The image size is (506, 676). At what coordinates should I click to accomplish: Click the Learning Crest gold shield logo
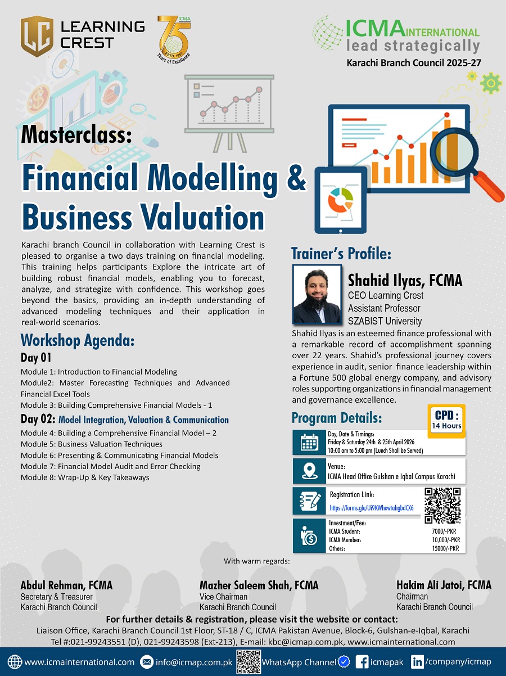coord(37,36)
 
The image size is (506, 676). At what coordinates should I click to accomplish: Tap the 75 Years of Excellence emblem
coord(174,39)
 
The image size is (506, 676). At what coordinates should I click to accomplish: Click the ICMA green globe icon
coord(327,33)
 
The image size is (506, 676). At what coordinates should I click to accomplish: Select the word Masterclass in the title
coord(76,135)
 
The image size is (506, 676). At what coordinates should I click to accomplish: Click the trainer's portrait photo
coord(317,295)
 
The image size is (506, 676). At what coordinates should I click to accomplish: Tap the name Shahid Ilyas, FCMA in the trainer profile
coord(405,280)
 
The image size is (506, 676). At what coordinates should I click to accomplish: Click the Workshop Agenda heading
coord(78,340)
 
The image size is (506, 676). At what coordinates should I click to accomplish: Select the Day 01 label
coord(36,358)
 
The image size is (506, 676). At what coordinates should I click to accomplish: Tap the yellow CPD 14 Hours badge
coord(446,421)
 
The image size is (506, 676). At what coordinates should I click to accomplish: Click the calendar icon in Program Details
coord(309,443)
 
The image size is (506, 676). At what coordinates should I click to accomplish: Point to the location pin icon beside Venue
coord(309,471)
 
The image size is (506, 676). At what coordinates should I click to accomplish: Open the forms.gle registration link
coord(372,508)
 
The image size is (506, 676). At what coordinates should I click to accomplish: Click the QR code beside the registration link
coord(442,506)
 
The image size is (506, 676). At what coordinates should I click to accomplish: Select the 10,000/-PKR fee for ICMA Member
coord(446,540)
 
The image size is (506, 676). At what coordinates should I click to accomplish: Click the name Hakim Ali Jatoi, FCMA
coord(444,585)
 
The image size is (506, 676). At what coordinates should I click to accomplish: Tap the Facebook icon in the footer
coord(362,662)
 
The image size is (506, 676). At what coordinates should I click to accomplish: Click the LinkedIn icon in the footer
coord(417,662)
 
